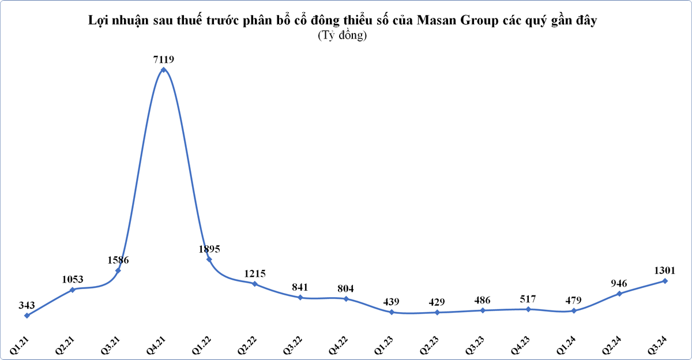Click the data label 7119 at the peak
(x=163, y=59)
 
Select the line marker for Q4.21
(x=163, y=70)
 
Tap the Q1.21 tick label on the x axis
(x=20, y=346)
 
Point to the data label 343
(x=27, y=305)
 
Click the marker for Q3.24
(x=665, y=281)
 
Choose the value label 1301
(x=665, y=271)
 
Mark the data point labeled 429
(x=437, y=313)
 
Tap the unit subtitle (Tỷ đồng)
(x=343, y=35)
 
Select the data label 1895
(x=209, y=249)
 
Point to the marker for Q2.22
(x=254, y=284)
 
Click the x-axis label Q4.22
(x=339, y=346)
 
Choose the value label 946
(x=619, y=283)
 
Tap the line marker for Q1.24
(x=574, y=311)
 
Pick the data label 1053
(x=73, y=279)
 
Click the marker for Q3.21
(x=118, y=271)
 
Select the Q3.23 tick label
(x=475, y=346)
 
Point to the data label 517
(x=528, y=299)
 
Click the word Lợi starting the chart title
(x=98, y=20)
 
